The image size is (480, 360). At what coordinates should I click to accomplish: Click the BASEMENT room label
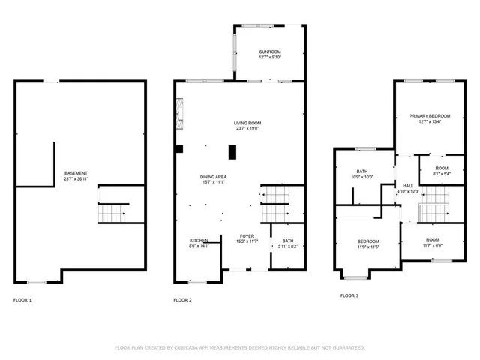[76, 173]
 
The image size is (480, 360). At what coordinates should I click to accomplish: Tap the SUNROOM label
[271, 51]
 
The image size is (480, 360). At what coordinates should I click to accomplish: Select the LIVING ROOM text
[247, 123]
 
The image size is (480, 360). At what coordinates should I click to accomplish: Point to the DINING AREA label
[213, 176]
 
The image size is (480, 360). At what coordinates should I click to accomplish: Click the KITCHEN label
[198, 240]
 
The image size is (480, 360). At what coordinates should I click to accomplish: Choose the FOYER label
[247, 235]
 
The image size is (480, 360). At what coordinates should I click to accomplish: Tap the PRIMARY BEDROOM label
[429, 116]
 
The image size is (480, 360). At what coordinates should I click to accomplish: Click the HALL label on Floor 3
[408, 186]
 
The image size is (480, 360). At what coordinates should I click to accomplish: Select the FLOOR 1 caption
[22, 300]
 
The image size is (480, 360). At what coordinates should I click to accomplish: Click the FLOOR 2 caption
[182, 300]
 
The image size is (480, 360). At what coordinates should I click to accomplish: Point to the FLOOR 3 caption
[349, 295]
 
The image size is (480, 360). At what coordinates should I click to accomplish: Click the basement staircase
[113, 214]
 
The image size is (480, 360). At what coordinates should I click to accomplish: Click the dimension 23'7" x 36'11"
[76, 179]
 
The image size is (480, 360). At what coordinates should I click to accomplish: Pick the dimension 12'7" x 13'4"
[429, 122]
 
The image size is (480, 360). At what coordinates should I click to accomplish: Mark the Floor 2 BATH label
[288, 241]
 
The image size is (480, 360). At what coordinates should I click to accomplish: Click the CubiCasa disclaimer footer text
[239, 347]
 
